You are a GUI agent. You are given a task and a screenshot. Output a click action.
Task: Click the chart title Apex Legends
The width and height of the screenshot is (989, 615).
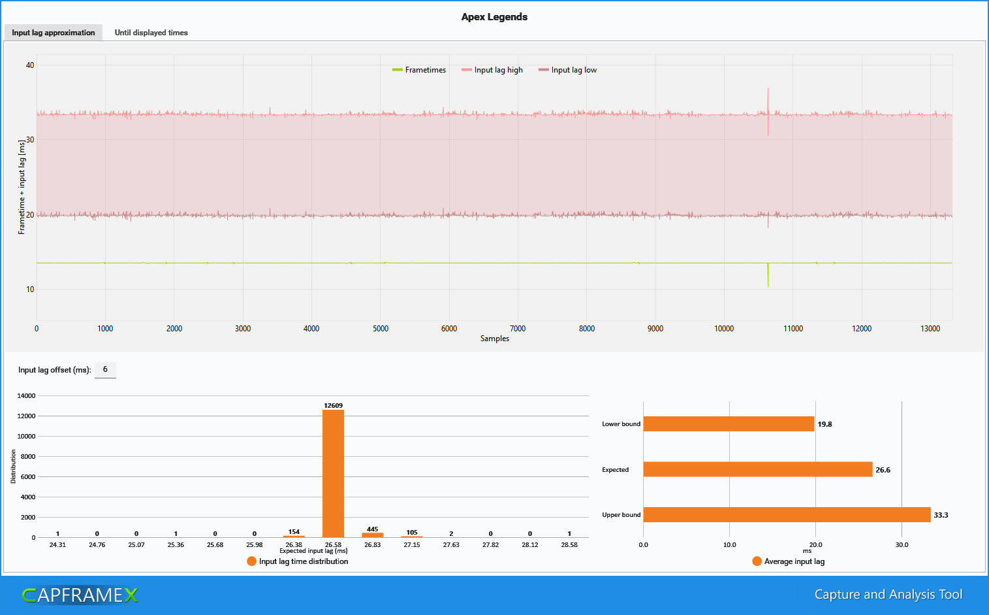(494, 17)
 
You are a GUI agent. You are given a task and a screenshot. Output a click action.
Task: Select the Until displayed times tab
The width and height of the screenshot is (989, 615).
(151, 32)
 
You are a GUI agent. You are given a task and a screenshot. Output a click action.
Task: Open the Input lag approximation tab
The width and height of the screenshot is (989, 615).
(54, 32)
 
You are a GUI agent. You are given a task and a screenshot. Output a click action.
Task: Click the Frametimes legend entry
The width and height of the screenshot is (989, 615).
(419, 70)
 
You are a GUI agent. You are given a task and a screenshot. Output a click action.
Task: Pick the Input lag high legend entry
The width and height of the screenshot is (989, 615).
(492, 70)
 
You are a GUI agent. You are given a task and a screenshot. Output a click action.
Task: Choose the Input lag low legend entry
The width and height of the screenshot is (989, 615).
(567, 70)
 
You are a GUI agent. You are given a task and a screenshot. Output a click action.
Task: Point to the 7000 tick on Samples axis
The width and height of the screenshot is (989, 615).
(518, 329)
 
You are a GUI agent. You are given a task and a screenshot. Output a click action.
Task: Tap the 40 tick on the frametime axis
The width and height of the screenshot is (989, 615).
(30, 65)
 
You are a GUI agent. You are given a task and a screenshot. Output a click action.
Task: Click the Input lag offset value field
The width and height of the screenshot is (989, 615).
(105, 370)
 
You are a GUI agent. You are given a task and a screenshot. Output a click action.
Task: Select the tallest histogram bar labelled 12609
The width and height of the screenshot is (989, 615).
(334, 474)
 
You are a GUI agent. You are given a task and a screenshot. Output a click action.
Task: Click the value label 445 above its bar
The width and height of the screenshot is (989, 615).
(372, 529)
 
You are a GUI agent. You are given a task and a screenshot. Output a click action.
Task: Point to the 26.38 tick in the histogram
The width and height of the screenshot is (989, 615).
(294, 544)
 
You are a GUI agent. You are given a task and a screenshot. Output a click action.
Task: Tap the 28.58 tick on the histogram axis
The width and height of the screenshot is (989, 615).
(569, 544)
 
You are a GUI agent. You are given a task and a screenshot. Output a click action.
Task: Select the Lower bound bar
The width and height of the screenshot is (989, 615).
(729, 424)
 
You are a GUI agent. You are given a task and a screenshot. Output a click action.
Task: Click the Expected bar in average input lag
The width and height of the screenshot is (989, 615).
(758, 469)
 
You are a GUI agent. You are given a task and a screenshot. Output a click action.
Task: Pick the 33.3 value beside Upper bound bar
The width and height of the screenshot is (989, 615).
(941, 515)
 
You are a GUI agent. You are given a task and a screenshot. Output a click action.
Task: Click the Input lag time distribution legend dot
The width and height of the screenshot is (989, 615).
(252, 561)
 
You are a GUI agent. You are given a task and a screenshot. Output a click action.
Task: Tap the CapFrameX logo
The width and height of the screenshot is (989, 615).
(80, 595)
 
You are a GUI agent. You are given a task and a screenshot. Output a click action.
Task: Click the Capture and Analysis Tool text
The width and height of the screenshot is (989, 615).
(888, 594)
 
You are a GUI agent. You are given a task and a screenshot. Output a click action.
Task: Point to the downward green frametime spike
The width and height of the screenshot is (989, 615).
(768, 275)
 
